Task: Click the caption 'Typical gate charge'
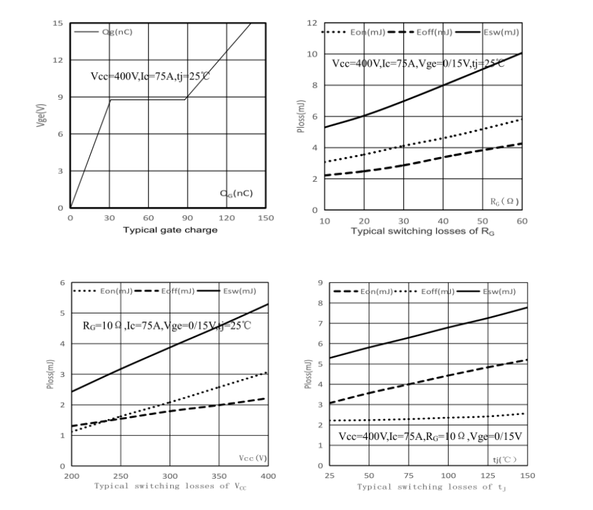coord(169,230)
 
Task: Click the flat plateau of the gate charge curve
coord(147,100)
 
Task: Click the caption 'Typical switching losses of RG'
coord(422,231)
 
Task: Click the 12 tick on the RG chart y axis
coord(311,23)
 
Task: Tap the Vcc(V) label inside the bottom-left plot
coord(252,457)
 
